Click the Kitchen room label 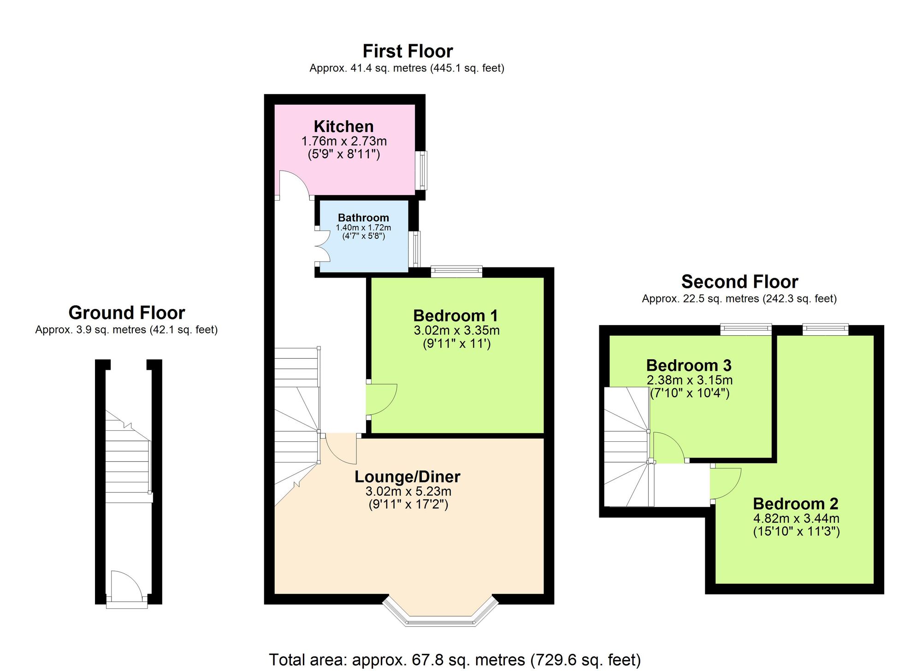343,126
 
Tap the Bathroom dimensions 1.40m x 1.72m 363,227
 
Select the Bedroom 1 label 455,316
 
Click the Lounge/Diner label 407,476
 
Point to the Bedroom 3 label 689,365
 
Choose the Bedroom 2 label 795,503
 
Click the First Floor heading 408,51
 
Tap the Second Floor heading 739,281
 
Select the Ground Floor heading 126,313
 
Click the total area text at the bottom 455,660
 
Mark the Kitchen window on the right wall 421,170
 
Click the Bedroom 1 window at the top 456,271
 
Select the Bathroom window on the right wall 416,249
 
